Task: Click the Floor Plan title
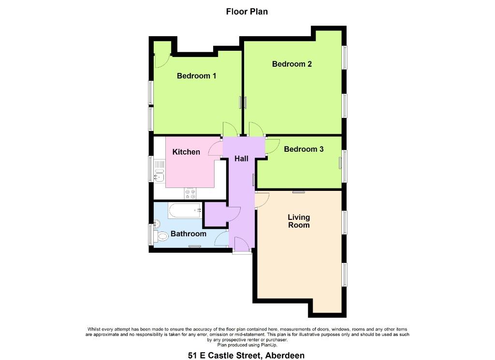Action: pyautogui.click(x=247, y=12)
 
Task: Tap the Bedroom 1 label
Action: pyautogui.click(x=196, y=76)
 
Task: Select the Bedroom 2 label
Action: pyautogui.click(x=291, y=64)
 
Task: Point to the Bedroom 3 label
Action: pyautogui.click(x=304, y=149)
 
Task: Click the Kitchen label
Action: pyautogui.click(x=186, y=152)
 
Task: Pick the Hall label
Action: pyautogui.click(x=242, y=158)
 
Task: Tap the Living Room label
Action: pyautogui.click(x=299, y=221)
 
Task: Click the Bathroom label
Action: pyautogui.click(x=189, y=234)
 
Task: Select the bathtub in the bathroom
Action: pyautogui.click(x=185, y=211)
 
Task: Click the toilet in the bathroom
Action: pyautogui.click(x=160, y=236)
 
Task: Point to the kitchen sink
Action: pyautogui.click(x=159, y=175)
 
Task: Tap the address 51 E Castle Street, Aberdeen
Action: pyautogui.click(x=246, y=355)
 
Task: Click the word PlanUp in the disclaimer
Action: pyautogui.click(x=270, y=345)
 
